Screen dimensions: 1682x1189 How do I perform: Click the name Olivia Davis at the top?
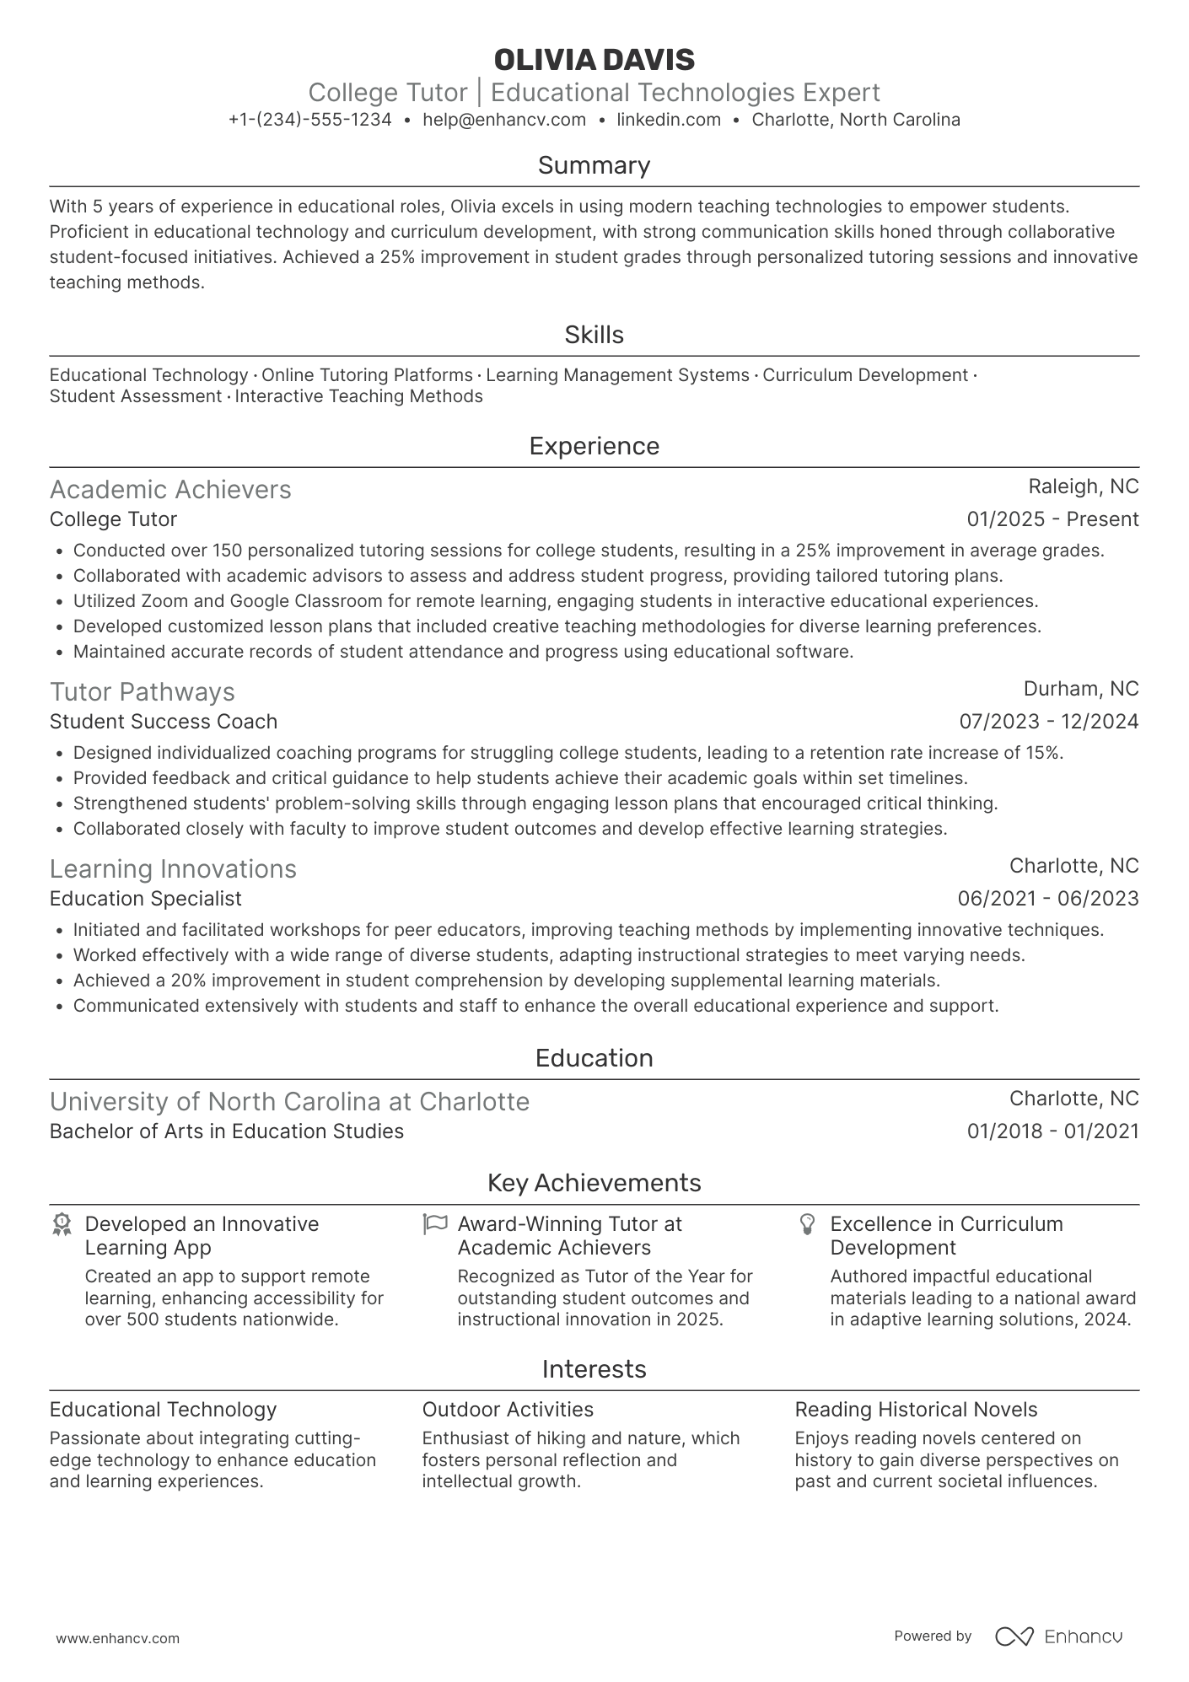click(594, 60)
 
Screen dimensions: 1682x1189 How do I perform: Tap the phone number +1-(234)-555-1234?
click(309, 120)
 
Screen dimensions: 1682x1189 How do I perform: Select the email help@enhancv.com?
click(504, 120)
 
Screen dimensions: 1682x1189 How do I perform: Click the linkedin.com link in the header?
click(669, 120)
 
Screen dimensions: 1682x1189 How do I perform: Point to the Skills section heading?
click(594, 335)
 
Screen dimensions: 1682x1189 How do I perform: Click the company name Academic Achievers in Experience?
click(170, 490)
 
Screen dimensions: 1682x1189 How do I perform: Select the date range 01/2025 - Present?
click(1052, 519)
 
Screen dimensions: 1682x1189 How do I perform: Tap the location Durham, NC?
click(1080, 689)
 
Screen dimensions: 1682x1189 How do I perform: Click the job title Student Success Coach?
click(164, 722)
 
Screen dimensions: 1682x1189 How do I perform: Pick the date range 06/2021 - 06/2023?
click(1047, 899)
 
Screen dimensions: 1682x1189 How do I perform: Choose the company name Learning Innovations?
click(173, 869)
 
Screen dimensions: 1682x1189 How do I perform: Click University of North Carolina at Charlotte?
click(289, 1102)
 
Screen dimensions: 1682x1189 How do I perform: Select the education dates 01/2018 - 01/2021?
click(1052, 1131)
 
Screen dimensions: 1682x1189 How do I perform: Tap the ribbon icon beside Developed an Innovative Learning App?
click(61, 1224)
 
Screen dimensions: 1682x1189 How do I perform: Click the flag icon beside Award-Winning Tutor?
click(434, 1223)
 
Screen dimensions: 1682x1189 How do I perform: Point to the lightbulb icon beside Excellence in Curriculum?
click(807, 1224)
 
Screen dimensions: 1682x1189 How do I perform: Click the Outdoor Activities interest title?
click(508, 1410)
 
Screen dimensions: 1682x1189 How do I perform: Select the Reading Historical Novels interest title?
click(916, 1410)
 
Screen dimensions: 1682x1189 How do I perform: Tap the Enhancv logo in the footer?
click(1059, 1636)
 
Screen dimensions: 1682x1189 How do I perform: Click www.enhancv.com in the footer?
click(117, 1639)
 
